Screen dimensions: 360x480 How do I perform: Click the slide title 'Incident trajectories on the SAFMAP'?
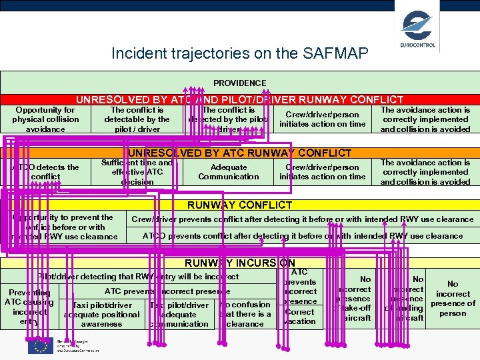(x=239, y=53)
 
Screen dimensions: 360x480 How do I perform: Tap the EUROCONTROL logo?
(x=418, y=29)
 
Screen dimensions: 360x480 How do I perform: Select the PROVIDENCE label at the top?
(x=239, y=83)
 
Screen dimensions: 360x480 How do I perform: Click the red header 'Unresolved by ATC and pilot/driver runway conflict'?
(x=239, y=99)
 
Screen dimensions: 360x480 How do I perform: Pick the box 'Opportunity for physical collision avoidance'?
(x=45, y=119)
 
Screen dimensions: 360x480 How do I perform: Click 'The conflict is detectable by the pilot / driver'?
(x=137, y=119)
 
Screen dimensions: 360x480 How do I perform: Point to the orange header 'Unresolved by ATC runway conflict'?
(x=239, y=153)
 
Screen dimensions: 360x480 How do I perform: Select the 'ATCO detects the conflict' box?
(x=45, y=172)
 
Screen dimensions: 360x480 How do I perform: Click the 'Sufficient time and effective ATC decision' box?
(x=137, y=172)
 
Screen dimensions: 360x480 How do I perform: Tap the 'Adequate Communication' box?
(x=229, y=172)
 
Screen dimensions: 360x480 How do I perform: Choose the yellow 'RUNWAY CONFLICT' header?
(x=239, y=205)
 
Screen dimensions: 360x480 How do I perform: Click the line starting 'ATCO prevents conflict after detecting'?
(x=302, y=235)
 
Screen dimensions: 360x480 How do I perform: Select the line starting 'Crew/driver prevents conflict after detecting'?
(x=302, y=219)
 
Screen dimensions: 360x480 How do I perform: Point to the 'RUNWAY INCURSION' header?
(x=239, y=263)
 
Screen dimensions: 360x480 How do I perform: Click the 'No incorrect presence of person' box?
(x=453, y=298)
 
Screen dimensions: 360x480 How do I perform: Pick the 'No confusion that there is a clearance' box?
(x=245, y=314)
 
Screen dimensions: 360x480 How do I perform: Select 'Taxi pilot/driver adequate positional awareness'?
(x=101, y=315)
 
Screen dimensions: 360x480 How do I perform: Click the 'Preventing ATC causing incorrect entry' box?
(x=29, y=307)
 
